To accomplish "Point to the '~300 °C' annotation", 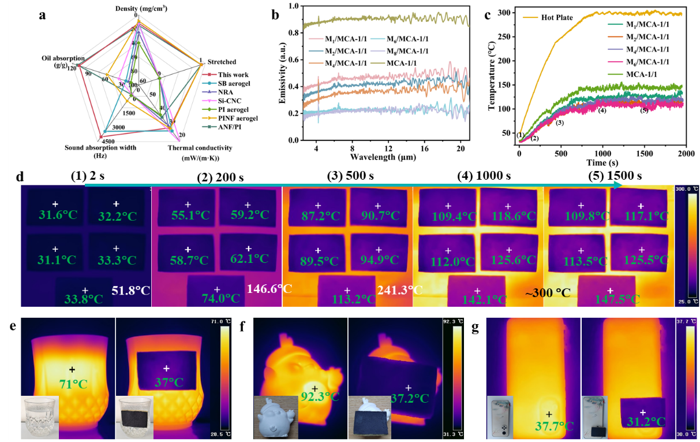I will coord(548,294).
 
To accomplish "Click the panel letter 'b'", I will coord(275,15).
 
